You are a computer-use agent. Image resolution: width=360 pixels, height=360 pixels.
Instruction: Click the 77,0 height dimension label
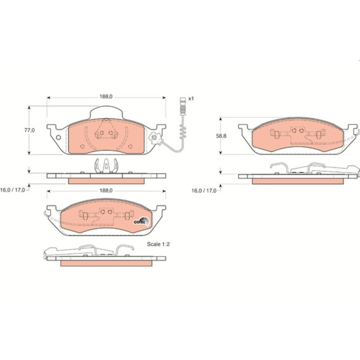point(30,130)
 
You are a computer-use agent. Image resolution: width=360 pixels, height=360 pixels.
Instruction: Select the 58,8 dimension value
point(221,136)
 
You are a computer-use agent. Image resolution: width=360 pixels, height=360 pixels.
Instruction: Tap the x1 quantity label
point(191,99)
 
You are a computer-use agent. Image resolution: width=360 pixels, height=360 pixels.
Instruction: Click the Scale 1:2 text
point(158,244)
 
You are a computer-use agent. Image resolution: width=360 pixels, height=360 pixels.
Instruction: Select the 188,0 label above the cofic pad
point(106,191)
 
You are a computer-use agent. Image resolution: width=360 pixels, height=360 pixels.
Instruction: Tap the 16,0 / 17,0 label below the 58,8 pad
point(204,190)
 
